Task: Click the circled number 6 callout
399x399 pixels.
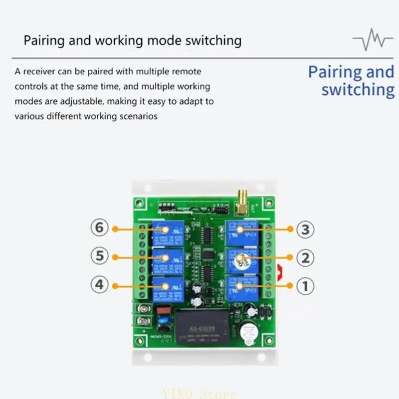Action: click(x=100, y=228)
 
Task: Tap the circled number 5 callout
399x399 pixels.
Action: click(x=100, y=256)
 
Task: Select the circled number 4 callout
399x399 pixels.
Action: click(x=100, y=285)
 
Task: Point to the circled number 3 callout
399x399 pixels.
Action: click(x=305, y=229)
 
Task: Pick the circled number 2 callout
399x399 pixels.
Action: click(x=305, y=258)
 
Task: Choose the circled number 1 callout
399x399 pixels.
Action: click(x=305, y=286)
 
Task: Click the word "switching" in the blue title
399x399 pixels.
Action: click(x=358, y=90)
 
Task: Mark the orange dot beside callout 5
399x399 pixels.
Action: click(x=115, y=257)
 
